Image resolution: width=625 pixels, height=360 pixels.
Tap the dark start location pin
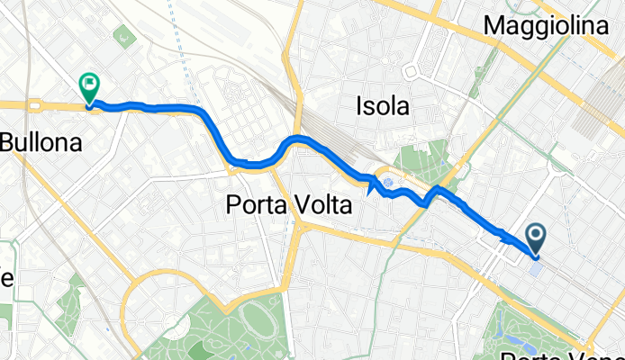535,238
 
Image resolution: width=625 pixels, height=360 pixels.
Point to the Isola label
384,107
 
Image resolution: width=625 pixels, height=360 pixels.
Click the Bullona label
41,141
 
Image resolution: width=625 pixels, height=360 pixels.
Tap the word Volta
320,206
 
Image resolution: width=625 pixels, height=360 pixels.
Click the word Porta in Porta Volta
255,206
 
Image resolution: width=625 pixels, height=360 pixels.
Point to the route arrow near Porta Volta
371,185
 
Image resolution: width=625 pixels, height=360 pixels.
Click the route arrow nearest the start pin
502,238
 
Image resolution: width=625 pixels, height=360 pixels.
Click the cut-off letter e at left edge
5,278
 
